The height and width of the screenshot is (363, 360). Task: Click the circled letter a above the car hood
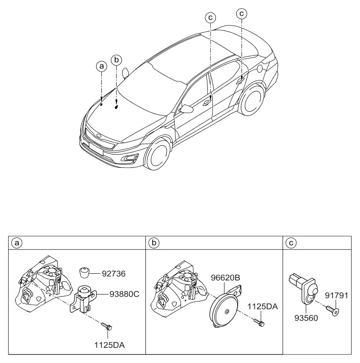click(x=101, y=66)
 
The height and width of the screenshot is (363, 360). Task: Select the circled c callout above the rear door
click(x=242, y=14)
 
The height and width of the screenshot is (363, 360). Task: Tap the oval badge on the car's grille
click(x=99, y=136)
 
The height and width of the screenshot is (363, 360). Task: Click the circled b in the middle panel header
click(x=153, y=243)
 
